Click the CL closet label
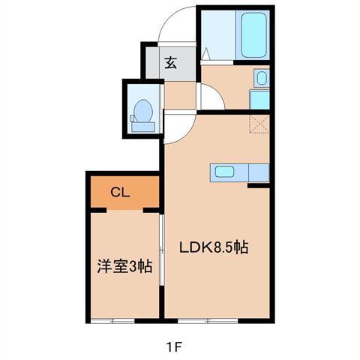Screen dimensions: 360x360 point(121,192)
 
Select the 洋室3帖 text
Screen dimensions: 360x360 point(124,266)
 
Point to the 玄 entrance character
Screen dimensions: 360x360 point(171,63)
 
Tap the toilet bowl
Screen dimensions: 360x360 point(140,115)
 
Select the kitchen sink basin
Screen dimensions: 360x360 point(224,171)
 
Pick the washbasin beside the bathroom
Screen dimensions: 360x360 point(259,78)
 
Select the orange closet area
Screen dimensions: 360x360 point(124,191)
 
